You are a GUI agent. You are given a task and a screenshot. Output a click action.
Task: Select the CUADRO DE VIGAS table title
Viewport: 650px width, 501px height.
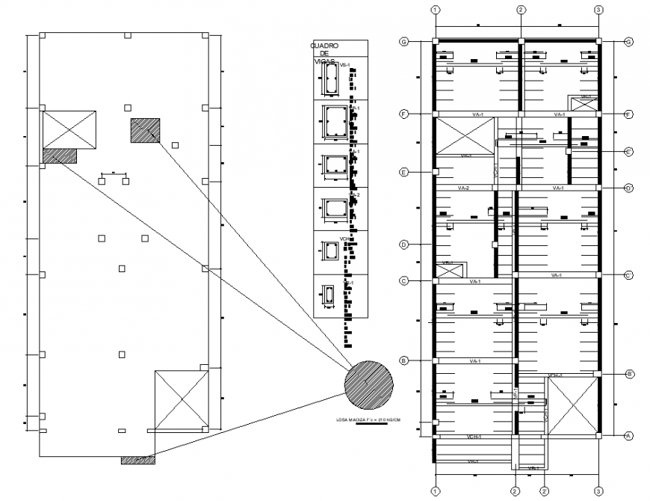pyautogui.click(x=324, y=55)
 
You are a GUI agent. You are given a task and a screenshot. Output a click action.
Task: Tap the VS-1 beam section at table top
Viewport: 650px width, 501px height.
pyautogui.click(x=330, y=79)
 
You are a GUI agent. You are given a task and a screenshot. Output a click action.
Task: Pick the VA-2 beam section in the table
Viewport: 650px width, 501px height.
pyautogui.click(x=331, y=207)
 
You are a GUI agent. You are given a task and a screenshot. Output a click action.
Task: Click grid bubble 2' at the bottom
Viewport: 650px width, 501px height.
pyautogui.click(x=545, y=491)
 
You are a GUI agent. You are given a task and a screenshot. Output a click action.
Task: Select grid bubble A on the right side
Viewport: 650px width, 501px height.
pyautogui.click(x=628, y=435)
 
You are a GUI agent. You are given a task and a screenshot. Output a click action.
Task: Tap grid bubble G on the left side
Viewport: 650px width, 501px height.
pyautogui.click(x=404, y=42)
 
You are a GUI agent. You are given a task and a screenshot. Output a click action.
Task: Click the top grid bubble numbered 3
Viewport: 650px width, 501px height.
pyautogui.click(x=598, y=10)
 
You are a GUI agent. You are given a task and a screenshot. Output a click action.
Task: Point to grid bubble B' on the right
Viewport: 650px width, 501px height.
pyautogui.click(x=629, y=373)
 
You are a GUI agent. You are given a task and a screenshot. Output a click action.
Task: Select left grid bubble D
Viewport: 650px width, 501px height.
pyautogui.click(x=404, y=245)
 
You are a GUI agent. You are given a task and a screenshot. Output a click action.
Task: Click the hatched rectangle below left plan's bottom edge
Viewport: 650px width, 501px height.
pyautogui.click(x=138, y=460)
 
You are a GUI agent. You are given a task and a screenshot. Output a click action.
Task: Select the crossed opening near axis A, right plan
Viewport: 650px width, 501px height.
pyautogui.click(x=572, y=405)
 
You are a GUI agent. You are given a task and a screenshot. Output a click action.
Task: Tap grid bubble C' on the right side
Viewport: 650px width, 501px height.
pyautogui.click(x=628, y=275)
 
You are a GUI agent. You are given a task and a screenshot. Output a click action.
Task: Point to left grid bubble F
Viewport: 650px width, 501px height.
pyautogui.click(x=404, y=114)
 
